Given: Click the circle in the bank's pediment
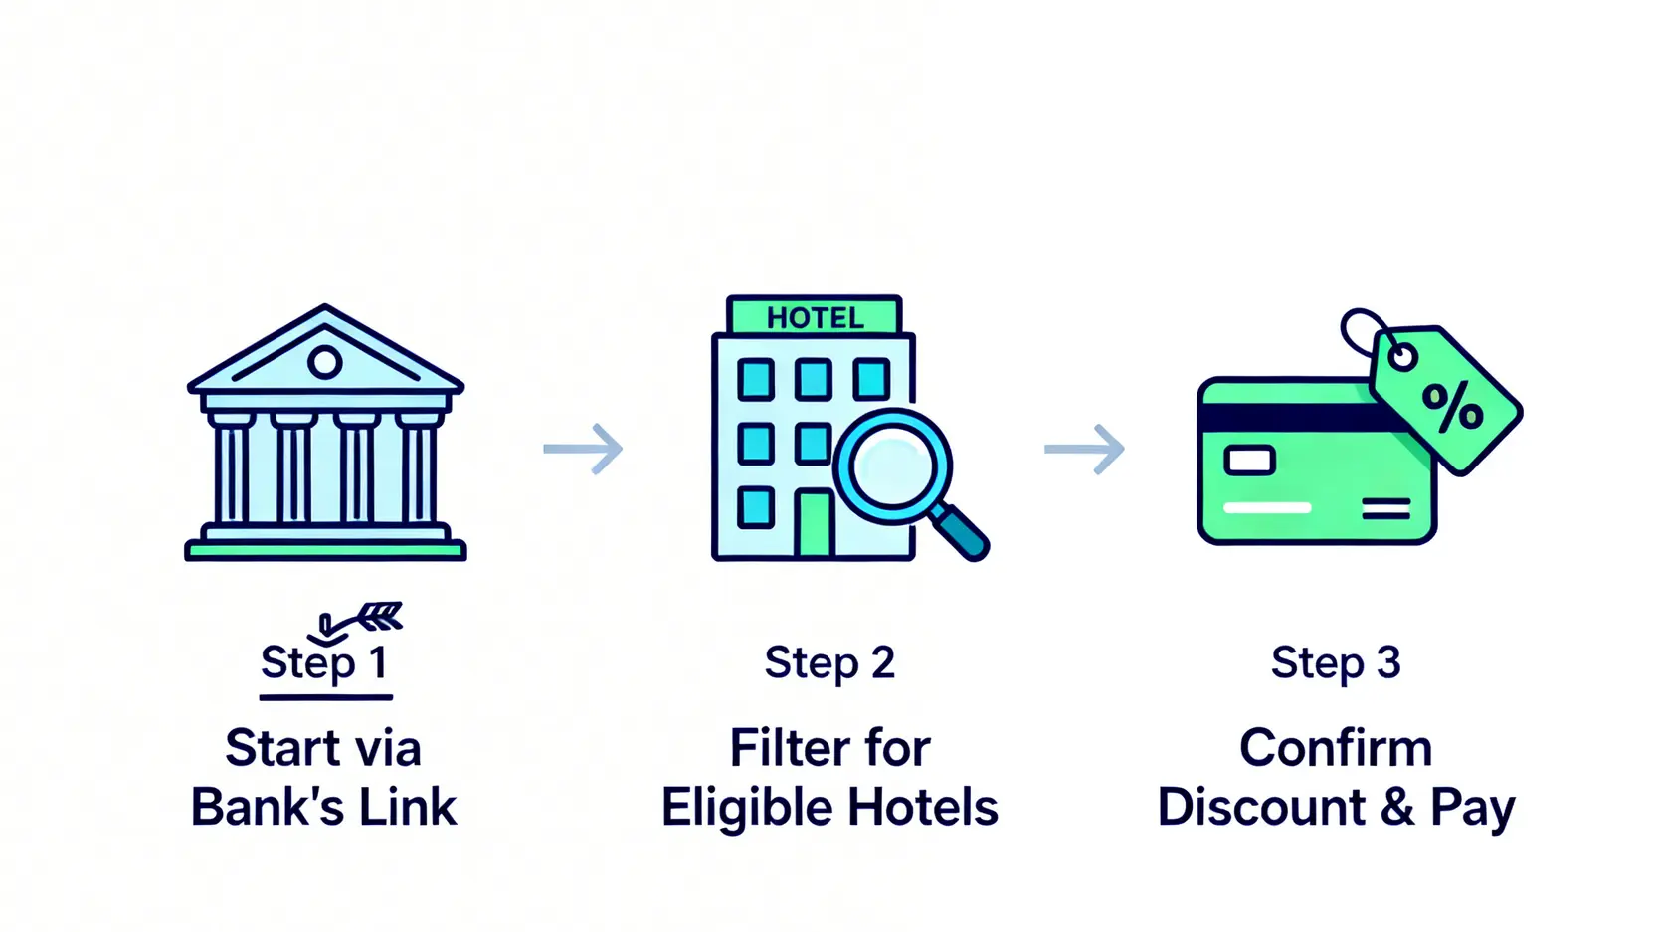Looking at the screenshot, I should pos(324,362).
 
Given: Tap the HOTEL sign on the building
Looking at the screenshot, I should pos(815,318).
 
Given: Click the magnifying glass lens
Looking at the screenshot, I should pos(892,467).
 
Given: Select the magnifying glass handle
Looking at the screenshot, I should pos(961,532).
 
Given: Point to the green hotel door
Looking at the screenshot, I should pos(815,524).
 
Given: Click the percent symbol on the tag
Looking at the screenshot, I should pos(1452,406).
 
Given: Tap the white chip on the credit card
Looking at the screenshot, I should pos(1249,461).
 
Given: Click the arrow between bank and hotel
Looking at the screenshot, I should pos(583,449).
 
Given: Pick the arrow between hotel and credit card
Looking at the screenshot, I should pos(1084,449).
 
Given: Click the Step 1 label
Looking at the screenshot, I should pos(324,662).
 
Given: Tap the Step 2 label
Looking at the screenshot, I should pos(829,662).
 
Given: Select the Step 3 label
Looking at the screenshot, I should pos(1336,662).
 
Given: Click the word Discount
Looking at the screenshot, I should pos(1261,807).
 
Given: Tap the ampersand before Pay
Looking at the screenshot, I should pos(1397,807).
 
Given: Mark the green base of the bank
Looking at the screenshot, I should pos(325,550).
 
